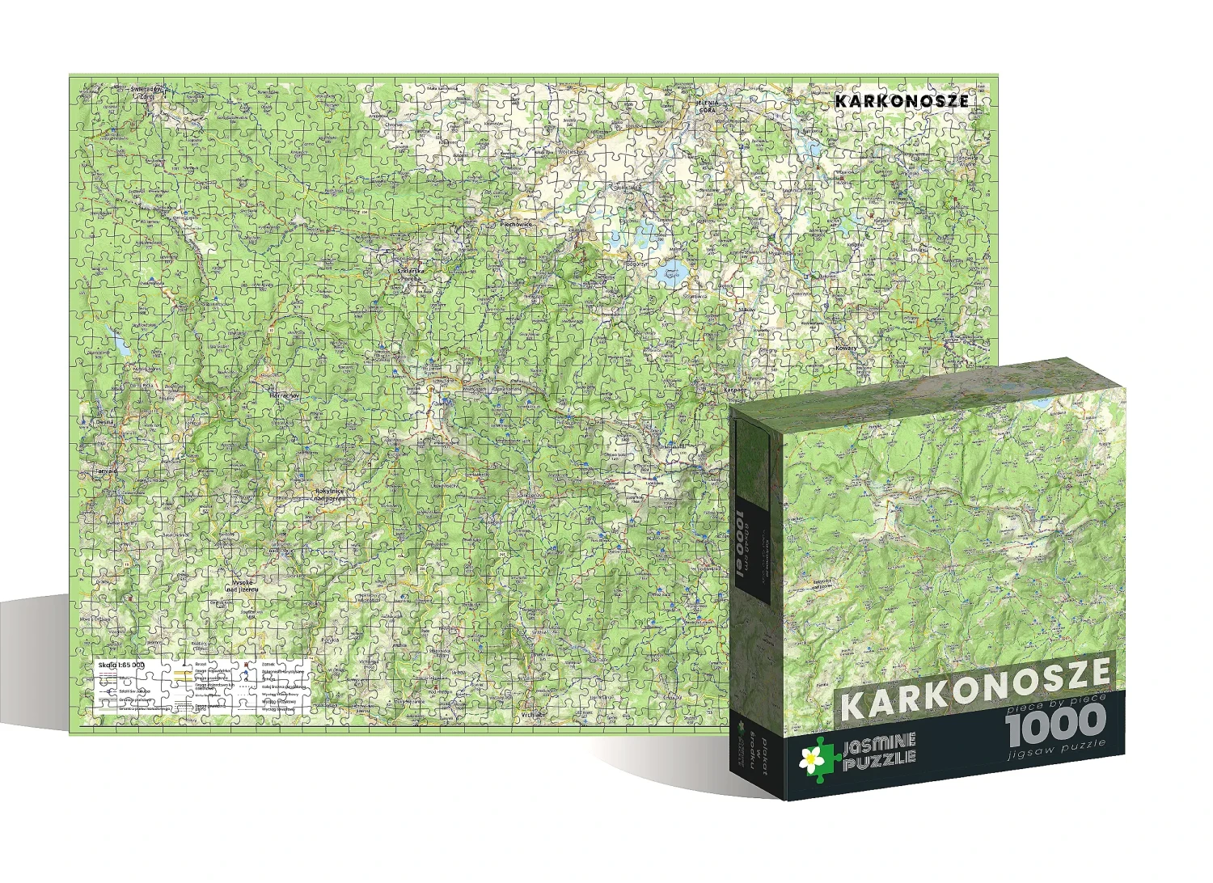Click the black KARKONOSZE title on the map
(x=902, y=101)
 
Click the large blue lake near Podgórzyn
(x=670, y=273)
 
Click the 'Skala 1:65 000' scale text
(x=120, y=664)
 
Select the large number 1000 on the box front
(x=1055, y=720)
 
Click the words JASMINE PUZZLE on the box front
(x=877, y=747)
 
